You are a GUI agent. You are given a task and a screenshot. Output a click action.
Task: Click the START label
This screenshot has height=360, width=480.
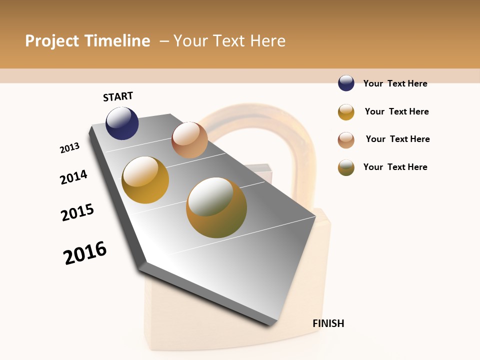118,96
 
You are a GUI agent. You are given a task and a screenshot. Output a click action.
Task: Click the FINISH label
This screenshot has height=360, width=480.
328,323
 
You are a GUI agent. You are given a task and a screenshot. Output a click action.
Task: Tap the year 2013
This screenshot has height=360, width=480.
70,148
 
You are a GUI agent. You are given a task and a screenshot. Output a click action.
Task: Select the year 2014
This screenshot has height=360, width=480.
74,177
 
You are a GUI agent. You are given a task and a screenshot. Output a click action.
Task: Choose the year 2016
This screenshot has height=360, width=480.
85,253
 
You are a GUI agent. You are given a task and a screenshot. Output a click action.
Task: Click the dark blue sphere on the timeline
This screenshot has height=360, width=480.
122,123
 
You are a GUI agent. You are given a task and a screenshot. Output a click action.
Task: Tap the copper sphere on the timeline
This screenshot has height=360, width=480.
189,140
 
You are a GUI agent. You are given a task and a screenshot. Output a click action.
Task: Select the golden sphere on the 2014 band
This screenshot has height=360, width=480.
145,180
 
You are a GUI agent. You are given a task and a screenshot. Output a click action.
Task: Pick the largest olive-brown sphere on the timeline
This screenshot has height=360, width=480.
216,207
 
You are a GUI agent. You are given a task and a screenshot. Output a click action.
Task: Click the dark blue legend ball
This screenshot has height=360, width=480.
346,83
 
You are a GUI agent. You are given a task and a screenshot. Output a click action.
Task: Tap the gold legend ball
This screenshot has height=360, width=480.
346,112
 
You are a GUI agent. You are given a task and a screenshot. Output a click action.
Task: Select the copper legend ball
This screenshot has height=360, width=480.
346,140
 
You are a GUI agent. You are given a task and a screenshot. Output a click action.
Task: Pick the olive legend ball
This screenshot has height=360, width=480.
346,167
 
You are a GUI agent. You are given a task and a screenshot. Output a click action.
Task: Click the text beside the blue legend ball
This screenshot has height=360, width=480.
395,83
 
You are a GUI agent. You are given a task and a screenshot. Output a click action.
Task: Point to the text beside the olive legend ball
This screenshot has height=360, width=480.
395,167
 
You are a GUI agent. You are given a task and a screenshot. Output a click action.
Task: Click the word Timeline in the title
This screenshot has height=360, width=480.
117,41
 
